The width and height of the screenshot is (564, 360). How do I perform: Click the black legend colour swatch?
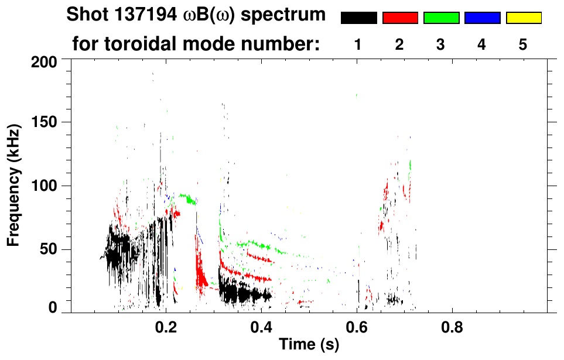[358, 18]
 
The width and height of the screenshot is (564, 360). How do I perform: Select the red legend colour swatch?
[400, 18]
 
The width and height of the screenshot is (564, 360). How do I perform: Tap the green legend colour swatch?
[441, 18]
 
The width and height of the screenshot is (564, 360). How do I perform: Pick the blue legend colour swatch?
[482, 18]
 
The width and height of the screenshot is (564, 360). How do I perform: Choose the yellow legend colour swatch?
[523, 18]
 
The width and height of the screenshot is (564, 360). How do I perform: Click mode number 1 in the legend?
[358, 45]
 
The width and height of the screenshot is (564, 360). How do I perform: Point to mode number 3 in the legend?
[441, 45]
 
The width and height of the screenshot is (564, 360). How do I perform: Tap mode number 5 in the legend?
[523, 45]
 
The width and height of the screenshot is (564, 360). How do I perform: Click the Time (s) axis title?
[309, 345]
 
